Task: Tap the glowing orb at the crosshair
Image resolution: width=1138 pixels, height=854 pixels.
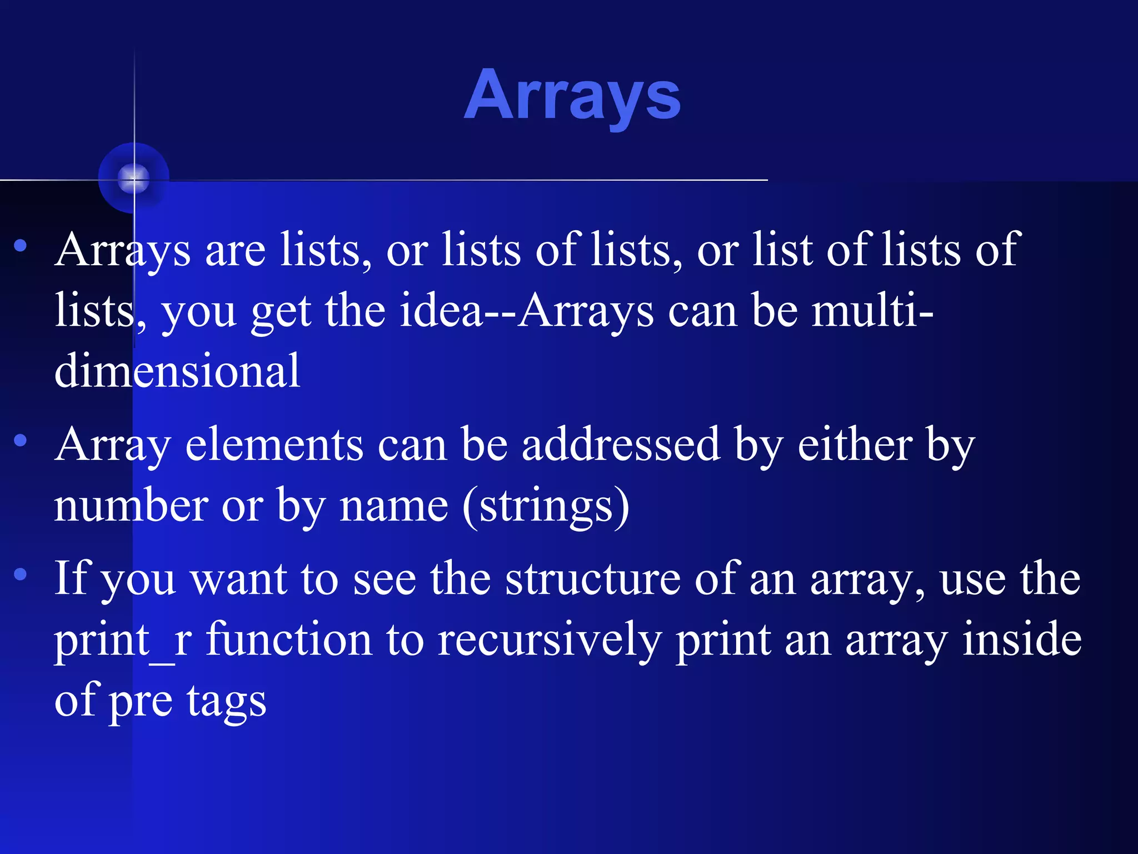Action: [133, 178]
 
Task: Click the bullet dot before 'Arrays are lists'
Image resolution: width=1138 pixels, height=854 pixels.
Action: [21, 245]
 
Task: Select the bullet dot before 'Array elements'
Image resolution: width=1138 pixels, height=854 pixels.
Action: [21, 440]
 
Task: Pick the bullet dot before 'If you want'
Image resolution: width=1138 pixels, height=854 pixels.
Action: [21, 574]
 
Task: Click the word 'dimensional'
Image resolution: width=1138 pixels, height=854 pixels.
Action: [177, 371]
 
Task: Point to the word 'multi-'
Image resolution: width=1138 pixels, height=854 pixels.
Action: [872, 310]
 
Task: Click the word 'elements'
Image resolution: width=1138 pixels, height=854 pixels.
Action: [274, 445]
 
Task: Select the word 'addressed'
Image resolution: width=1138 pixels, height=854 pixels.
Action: [621, 445]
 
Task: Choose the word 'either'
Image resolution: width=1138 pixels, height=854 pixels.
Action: [855, 445]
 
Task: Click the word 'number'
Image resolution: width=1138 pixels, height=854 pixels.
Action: [131, 505]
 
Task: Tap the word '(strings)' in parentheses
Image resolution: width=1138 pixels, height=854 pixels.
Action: [546, 507]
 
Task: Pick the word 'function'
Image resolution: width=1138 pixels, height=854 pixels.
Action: [289, 639]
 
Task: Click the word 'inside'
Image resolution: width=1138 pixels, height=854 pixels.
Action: [1022, 639]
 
